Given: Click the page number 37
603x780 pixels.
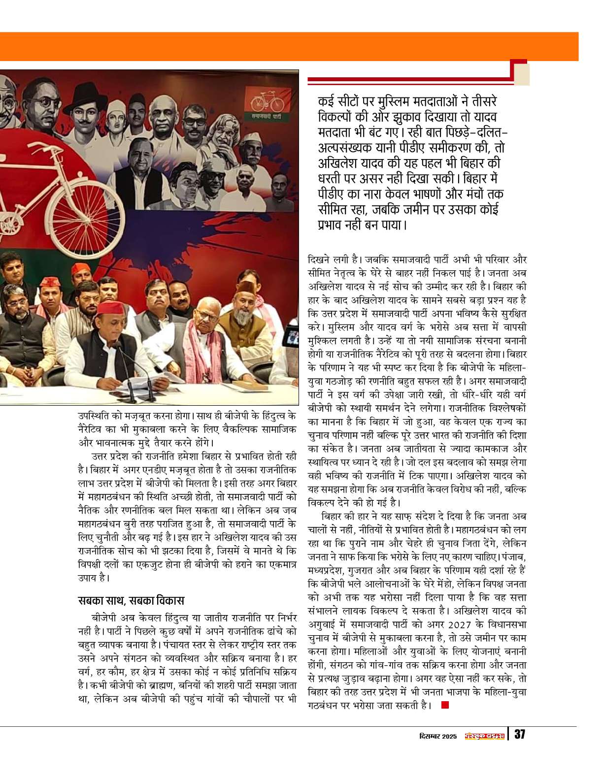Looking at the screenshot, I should tap(519, 735).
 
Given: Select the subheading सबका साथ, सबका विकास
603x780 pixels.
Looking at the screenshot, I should tap(131, 601).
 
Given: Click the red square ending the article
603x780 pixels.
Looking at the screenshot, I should tap(445, 705).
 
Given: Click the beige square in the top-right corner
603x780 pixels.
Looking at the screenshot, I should tap(522, 75).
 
